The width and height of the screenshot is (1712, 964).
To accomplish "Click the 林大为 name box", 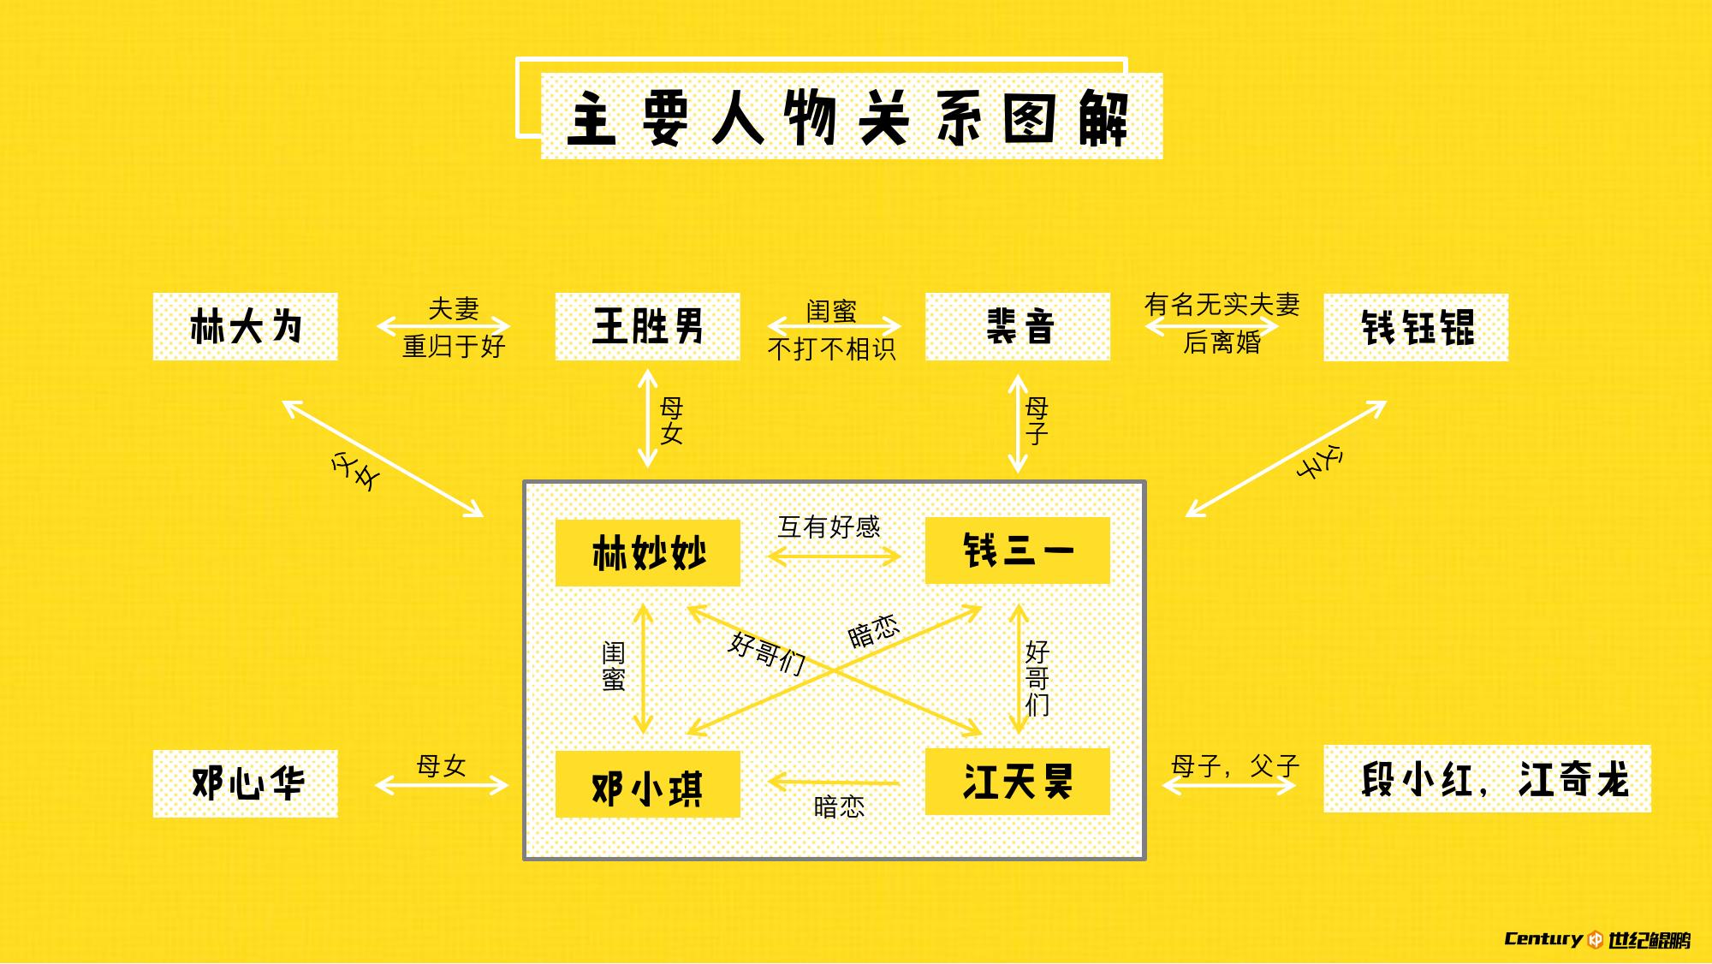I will (x=245, y=326).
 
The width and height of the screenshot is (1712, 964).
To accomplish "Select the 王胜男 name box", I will (x=647, y=326).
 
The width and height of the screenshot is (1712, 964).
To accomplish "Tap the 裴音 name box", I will (x=1018, y=326).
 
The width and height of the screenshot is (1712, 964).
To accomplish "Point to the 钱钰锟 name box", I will (x=1416, y=327).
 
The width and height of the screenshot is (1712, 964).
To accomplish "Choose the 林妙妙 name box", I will (x=647, y=553).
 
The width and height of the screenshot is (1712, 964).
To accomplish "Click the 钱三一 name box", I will (x=1018, y=550).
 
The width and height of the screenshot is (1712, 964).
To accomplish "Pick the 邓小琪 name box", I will (x=647, y=785).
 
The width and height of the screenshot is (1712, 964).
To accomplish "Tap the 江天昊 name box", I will (x=1018, y=782).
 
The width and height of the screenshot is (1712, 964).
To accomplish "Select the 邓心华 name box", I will (x=245, y=783).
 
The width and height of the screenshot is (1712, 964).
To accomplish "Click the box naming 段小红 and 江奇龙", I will (x=1487, y=779).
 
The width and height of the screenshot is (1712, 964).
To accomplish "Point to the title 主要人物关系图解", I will (x=851, y=117).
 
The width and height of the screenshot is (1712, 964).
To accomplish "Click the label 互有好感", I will (x=829, y=527).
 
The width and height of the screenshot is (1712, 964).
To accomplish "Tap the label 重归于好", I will (x=454, y=347).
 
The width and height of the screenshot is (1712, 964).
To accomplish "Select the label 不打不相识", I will (x=831, y=349).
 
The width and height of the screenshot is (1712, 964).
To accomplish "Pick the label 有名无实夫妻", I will (x=1222, y=304).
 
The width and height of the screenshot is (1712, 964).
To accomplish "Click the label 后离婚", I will (x=1222, y=343).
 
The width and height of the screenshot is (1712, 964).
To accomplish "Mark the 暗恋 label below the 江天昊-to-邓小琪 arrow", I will (x=839, y=806).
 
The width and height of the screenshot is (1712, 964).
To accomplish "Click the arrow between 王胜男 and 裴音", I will (x=834, y=326).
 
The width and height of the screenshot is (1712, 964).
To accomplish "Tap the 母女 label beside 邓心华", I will (x=441, y=765).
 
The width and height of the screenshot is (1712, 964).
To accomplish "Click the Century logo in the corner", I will (x=1597, y=939).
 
